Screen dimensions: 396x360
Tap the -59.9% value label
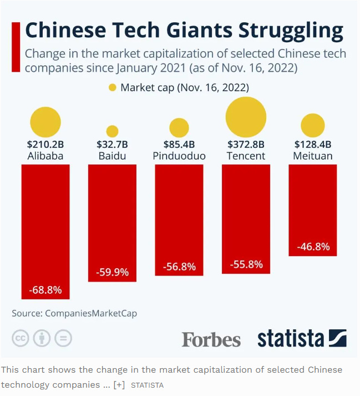[112, 272]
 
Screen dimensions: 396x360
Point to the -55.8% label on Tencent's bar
[246, 264]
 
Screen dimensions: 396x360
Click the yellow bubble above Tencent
[246, 116]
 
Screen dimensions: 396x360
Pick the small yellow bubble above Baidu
[112, 131]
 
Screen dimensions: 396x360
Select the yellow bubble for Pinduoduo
[179, 128]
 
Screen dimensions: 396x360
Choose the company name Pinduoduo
[179, 156]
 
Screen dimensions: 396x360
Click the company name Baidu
[112, 156]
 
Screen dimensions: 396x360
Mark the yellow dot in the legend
[113, 88]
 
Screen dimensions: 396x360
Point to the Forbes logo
[211, 339]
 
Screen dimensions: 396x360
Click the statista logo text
[291, 338]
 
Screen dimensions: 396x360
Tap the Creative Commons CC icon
[21, 338]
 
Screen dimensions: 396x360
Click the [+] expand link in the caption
[119, 384]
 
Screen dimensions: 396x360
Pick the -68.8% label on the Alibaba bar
[45, 290]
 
